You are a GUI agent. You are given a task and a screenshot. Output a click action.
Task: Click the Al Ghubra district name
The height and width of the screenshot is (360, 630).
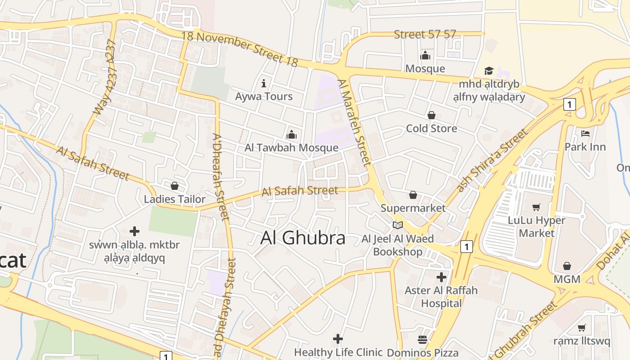303,238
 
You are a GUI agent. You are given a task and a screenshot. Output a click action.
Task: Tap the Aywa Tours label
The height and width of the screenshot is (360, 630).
264,96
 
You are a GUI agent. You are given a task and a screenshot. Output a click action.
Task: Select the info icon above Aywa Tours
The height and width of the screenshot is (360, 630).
264,83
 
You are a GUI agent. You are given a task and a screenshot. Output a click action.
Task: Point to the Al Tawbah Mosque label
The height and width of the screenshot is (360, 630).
291,148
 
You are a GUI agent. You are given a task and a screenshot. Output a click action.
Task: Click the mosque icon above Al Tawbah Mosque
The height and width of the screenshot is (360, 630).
292,135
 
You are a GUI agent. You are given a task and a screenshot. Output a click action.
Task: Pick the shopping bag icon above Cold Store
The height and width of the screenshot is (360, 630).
432,115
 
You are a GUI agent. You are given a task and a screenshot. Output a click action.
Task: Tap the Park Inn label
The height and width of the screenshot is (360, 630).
585,147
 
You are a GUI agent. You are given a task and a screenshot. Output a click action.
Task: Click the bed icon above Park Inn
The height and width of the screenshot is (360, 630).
585,134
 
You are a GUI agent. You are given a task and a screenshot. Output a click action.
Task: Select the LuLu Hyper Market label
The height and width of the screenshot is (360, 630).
536,227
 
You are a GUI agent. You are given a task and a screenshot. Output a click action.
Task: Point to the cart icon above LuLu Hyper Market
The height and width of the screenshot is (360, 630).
536,207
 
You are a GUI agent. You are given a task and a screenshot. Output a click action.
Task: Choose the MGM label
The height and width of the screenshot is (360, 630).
567,279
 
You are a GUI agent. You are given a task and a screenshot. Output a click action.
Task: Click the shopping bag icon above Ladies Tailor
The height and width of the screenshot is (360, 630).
175,186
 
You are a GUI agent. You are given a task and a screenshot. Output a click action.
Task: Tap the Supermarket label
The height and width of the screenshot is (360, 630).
413,208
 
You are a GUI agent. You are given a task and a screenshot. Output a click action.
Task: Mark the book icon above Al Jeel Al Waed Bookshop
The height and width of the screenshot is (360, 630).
398,225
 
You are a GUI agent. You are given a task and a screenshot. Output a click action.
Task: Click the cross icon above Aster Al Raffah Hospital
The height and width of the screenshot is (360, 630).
441,277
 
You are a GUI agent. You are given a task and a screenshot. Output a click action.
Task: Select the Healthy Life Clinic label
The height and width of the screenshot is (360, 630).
338,352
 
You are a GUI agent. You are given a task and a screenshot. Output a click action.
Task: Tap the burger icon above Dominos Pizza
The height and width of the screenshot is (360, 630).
423,339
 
